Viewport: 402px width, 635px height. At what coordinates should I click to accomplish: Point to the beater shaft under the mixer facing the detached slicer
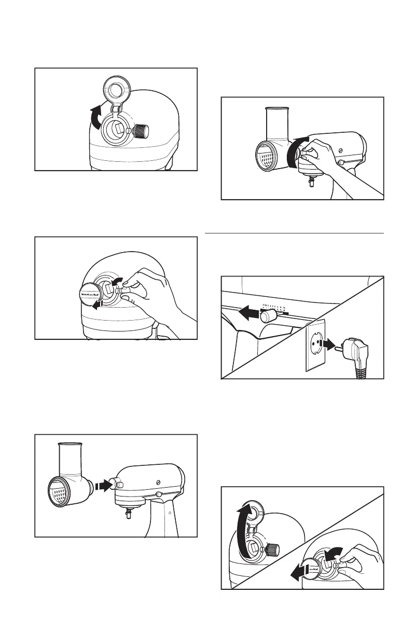coord(128,516)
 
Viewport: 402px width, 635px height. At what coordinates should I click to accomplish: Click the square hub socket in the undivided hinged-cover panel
coord(118,126)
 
